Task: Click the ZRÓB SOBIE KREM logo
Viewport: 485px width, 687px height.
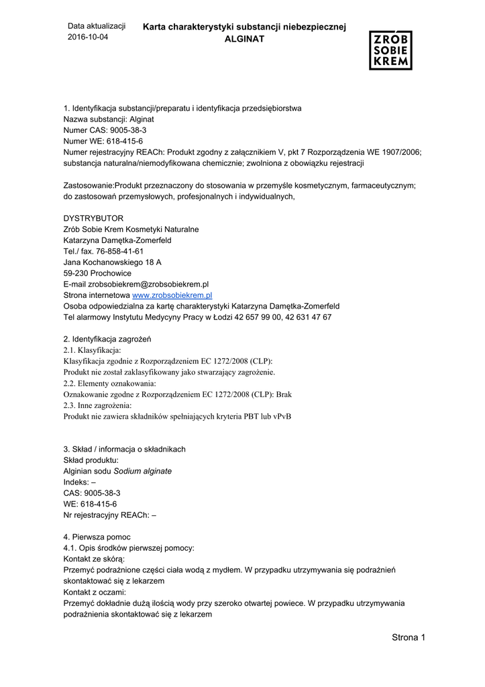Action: click(x=390, y=50)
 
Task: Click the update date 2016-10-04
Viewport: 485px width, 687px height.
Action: click(x=88, y=38)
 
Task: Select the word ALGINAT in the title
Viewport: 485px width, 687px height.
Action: click(x=244, y=40)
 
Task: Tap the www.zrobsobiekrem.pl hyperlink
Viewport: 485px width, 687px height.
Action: click(x=172, y=295)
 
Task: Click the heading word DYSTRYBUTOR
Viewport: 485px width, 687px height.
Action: click(x=93, y=219)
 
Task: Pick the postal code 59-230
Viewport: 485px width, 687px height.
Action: click(x=77, y=274)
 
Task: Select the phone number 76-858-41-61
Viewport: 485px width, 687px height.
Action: click(x=119, y=252)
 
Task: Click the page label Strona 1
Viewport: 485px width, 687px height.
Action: click(x=409, y=637)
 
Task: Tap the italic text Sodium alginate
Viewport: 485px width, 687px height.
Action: click(x=142, y=471)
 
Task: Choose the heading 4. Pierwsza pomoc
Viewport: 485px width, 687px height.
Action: click(x=97, y=537)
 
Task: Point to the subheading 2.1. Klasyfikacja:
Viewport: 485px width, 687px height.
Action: click(x=92, y=350)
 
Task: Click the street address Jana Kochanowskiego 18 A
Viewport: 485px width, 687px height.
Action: click(x=112, y=262)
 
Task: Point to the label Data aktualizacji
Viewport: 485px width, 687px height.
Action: click(x=97, y=26)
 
